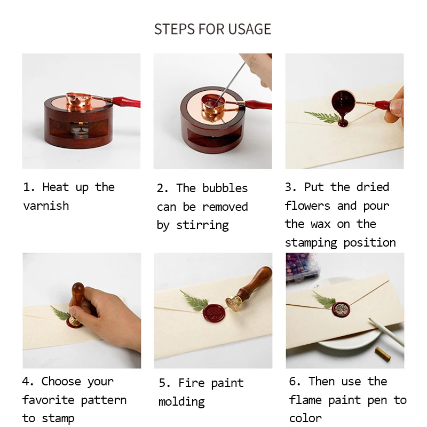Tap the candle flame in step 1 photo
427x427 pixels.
(x=81, y=125)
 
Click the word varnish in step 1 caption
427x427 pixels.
(x=46, y=206)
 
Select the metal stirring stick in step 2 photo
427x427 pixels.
(x=231, y=82)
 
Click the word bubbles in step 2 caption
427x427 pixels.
(x=225, y=188)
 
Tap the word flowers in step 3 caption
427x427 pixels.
(x=307, y=206)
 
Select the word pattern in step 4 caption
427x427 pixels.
(x=104, y=400)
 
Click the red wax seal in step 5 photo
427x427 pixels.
(x=214, y=313)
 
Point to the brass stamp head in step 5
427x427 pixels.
(x=233, y=303)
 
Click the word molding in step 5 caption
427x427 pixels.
(x=181, y=402)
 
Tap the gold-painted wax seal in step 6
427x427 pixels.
(x=341, y=310)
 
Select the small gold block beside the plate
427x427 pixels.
(x=383, y=354)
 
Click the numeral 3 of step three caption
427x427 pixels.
(x=288, y=187)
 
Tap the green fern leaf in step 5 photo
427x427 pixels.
(x=194, y=301)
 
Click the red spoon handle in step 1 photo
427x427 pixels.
(x=126, y=102)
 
